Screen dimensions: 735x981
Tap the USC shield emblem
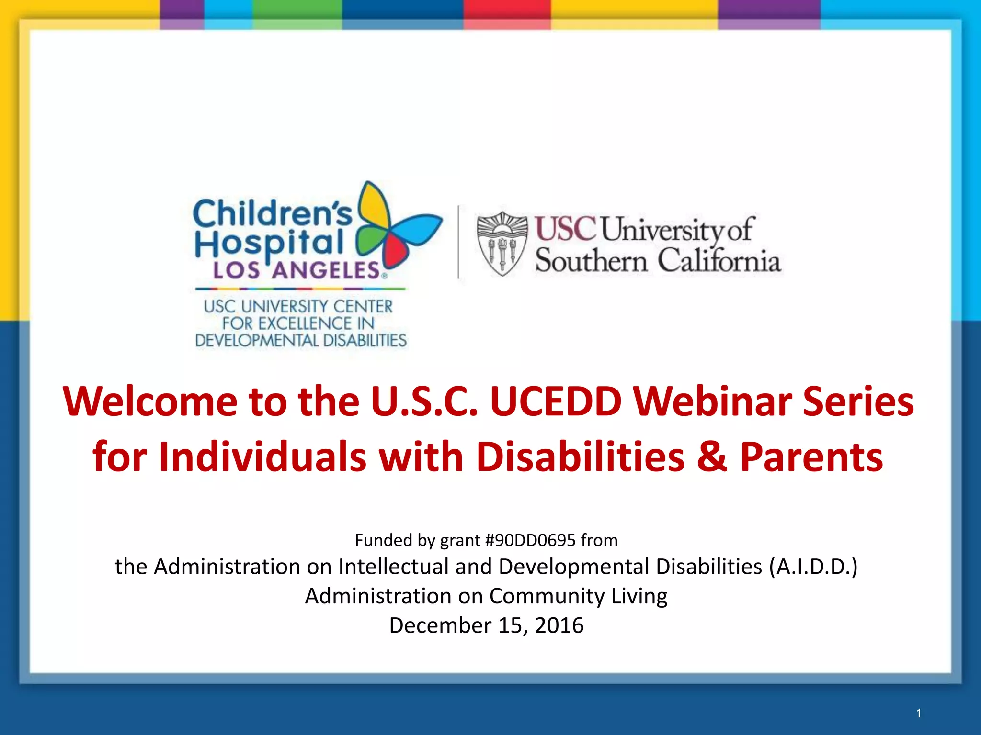tap(502, 243)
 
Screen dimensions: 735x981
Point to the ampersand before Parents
tap(712, 457)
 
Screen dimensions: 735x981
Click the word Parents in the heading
tap(811, 457)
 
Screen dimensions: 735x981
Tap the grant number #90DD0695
tap(530, 540)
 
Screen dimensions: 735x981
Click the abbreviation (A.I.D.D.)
tap(813, 567)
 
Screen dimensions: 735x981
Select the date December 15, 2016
tap(486, 625)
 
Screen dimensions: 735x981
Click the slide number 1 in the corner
tap(918, 713)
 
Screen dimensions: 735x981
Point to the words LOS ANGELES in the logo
tap(297, 271)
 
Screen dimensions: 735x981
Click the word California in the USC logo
tap(719, 261)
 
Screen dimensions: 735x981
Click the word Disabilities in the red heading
tap(580, 457)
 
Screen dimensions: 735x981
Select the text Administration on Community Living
tap(486, 596)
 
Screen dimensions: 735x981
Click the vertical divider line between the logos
tap(458, 242)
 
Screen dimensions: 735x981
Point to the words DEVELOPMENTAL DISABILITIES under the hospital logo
tap(301, 341)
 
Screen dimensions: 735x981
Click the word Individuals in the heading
tap(262, 457)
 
